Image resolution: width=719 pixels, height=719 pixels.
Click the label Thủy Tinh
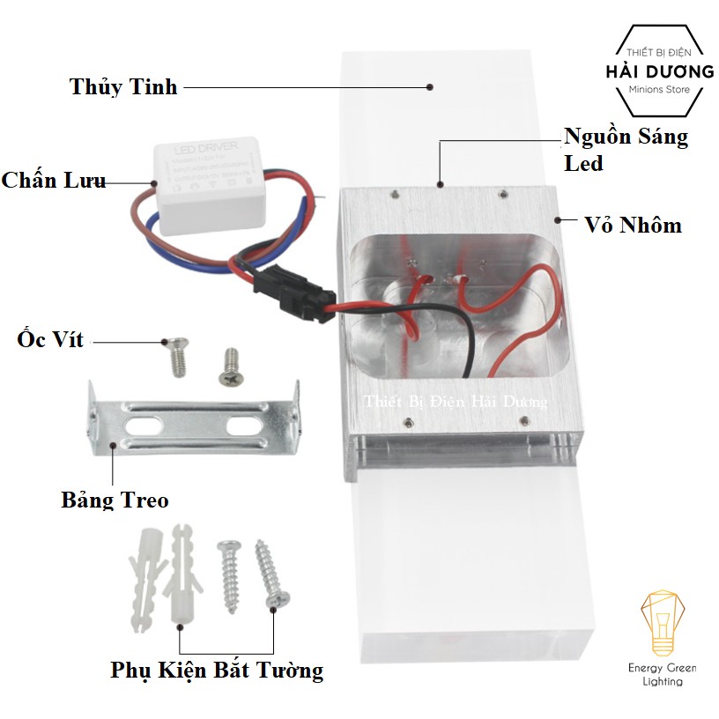[x=123, y=86]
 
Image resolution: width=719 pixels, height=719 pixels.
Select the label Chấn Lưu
[x=53, y=181]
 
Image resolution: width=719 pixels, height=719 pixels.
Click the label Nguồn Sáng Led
[x=626, y=150]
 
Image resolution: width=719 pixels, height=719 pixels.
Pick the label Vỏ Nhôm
[x=633, y=225]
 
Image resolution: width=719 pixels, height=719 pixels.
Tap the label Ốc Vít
[x=50, y=339]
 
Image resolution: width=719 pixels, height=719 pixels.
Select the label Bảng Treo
[x=115, y=500]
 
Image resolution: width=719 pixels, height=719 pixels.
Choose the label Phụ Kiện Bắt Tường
[x=217, y=671]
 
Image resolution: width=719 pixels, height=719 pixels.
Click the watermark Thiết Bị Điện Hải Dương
[x=456, y=402]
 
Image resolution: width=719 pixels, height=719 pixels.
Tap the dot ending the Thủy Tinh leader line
[x=430, y=86]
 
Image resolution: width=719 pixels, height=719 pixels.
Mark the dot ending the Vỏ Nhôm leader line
[x=558, y=218]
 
